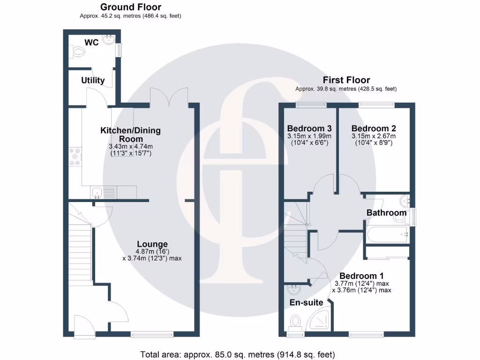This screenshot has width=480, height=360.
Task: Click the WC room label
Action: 91,42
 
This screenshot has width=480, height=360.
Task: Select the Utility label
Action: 93,80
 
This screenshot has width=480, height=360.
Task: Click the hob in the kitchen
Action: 75,157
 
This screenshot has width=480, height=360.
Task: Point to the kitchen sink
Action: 97,191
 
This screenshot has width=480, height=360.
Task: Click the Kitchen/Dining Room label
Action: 130,135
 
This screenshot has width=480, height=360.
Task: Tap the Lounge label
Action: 152,244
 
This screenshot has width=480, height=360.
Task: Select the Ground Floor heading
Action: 131,7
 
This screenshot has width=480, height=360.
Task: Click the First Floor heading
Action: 346,80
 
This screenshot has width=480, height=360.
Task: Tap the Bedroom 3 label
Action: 309,128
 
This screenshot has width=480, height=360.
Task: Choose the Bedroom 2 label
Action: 370,128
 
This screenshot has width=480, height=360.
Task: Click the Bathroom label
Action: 386,213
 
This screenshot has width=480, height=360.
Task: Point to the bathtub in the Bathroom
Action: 387,233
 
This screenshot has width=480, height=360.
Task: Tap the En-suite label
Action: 306,302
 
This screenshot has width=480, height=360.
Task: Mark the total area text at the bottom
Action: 238,354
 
